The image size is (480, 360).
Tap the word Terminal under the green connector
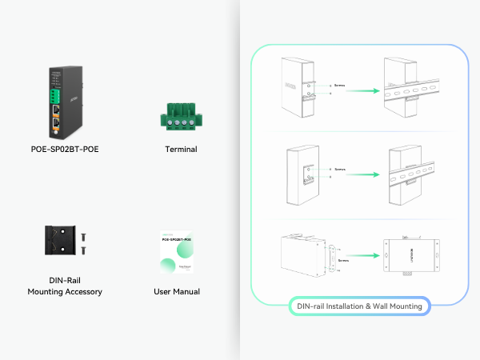pos(181,149)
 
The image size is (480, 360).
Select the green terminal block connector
pos(180,114)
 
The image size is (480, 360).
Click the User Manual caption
pos(177,292)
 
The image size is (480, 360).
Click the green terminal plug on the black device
pos(58,90)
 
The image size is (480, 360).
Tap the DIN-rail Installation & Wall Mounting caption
pos(358,306)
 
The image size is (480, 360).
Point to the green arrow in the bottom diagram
pos(360,256)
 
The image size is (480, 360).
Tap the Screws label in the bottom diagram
pos(344,260)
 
